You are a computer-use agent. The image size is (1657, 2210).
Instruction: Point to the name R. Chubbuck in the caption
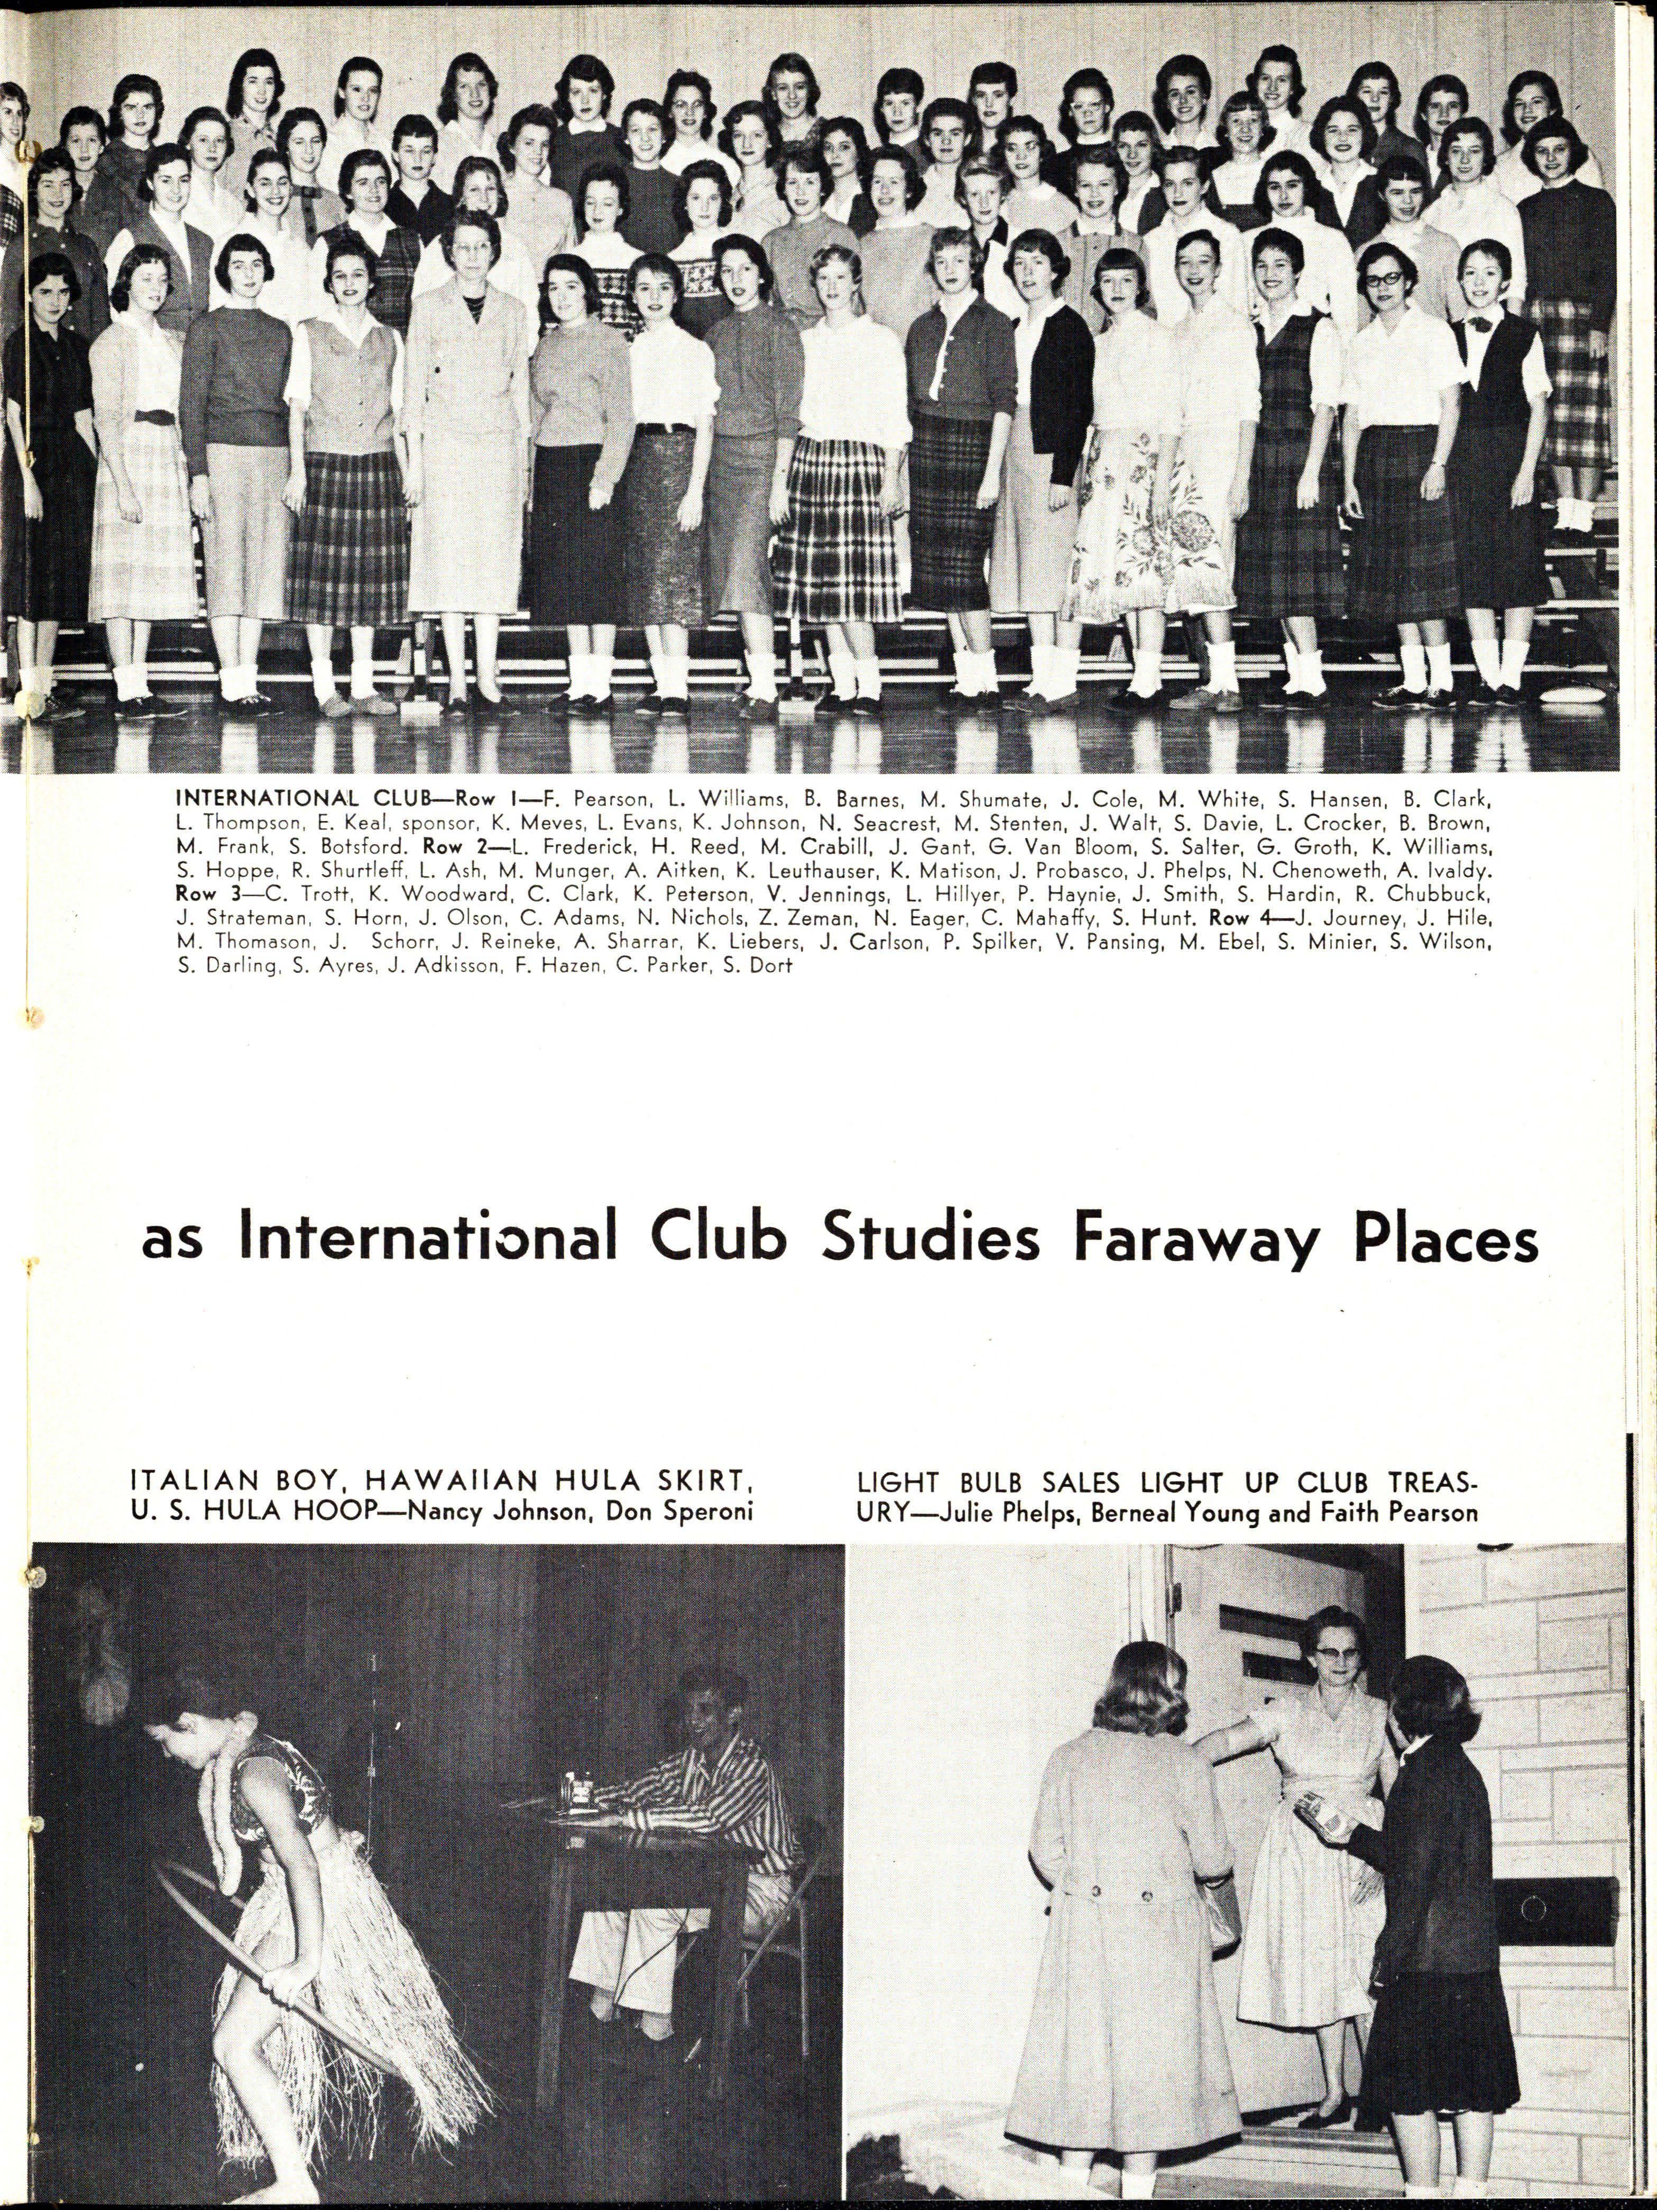click(x=1438, y=894)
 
